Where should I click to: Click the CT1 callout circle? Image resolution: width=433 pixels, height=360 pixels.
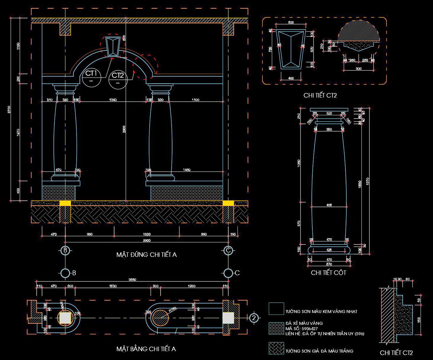91,77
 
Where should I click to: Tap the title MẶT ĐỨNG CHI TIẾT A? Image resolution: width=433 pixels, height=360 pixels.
147,255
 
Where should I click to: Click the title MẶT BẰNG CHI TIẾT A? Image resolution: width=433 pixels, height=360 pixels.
146,349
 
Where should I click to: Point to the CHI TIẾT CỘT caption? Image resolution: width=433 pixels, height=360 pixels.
328,273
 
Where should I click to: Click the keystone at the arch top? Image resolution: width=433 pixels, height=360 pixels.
113,46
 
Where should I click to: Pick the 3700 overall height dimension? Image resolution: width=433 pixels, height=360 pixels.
9,110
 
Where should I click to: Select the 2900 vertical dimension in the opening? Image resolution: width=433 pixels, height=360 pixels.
124,129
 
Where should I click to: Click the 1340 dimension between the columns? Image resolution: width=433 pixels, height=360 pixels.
113,100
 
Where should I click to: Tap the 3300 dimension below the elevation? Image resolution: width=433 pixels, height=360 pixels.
147,240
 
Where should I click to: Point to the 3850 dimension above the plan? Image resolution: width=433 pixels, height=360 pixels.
132,280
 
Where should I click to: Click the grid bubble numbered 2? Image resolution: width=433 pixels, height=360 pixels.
254,318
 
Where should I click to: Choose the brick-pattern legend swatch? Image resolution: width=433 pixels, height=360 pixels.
276,328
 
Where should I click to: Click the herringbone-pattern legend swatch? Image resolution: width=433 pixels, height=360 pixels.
276,348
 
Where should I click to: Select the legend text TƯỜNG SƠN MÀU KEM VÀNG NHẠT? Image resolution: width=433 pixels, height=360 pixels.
321,311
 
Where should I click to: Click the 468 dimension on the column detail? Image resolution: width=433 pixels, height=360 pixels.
329,205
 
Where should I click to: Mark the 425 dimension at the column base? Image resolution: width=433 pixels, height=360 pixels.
329,250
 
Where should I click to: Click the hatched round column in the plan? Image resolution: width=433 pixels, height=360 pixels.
161,318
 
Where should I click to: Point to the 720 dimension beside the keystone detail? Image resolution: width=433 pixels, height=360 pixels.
270,49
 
